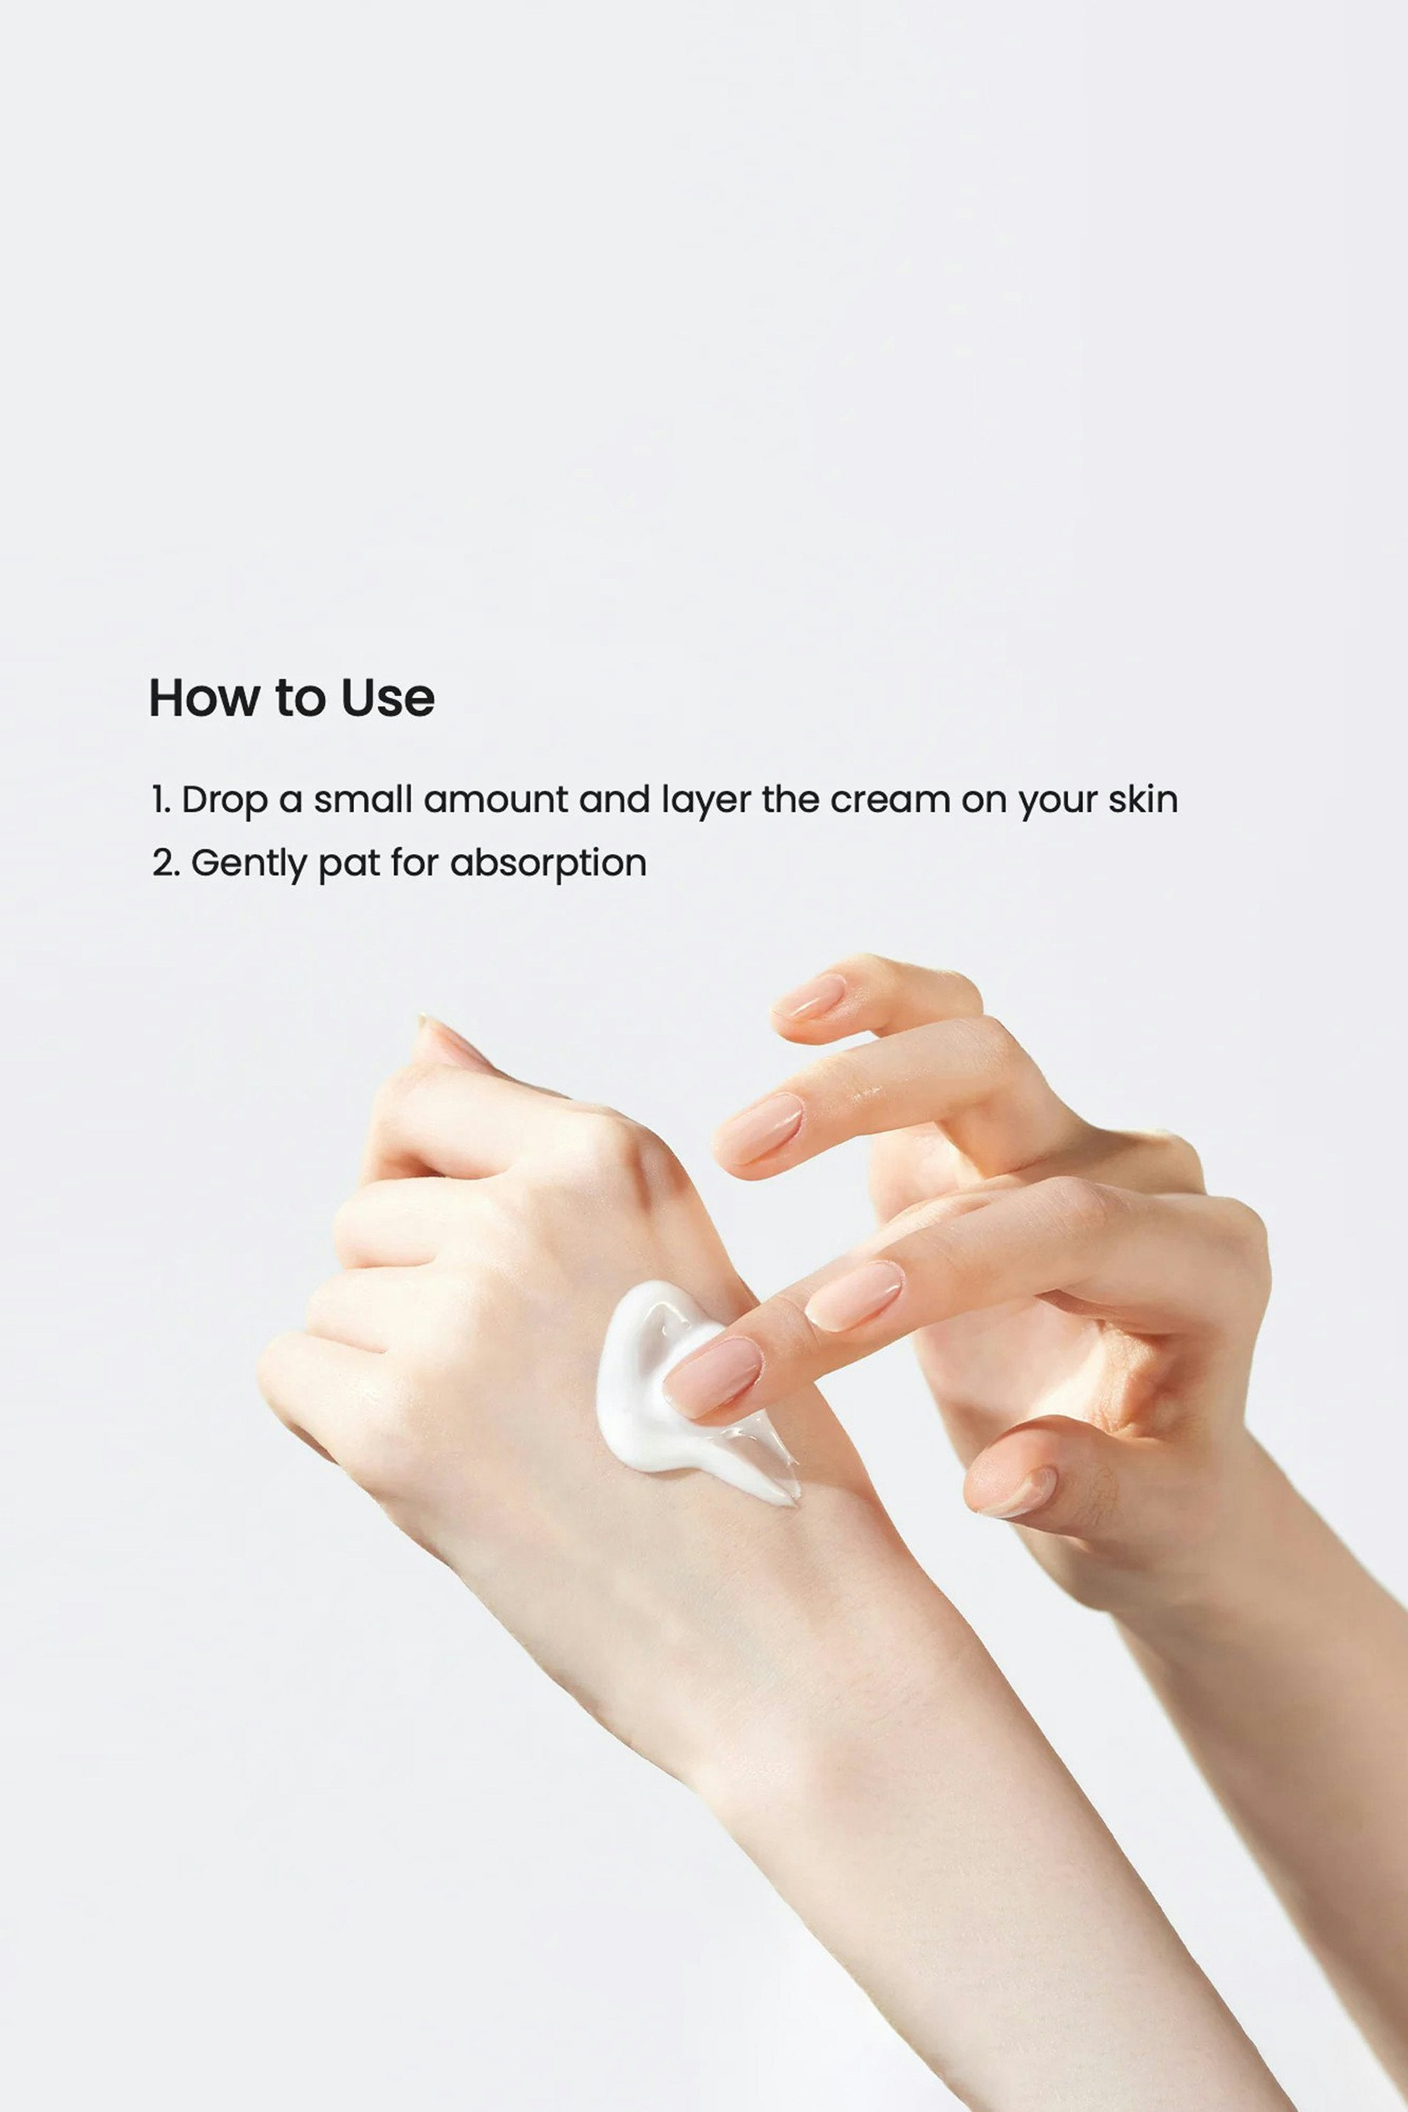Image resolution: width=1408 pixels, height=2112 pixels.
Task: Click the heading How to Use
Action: (292, 698)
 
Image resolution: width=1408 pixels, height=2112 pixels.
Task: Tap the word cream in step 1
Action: (890, 799)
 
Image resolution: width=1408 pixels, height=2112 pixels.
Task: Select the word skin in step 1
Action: (1142, 798)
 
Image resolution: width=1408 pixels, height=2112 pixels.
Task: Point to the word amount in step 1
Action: (496, 799)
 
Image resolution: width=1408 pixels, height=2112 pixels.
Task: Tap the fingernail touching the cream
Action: (714, 1376)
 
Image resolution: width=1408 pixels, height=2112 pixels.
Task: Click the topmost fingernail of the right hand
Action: (810, 997)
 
